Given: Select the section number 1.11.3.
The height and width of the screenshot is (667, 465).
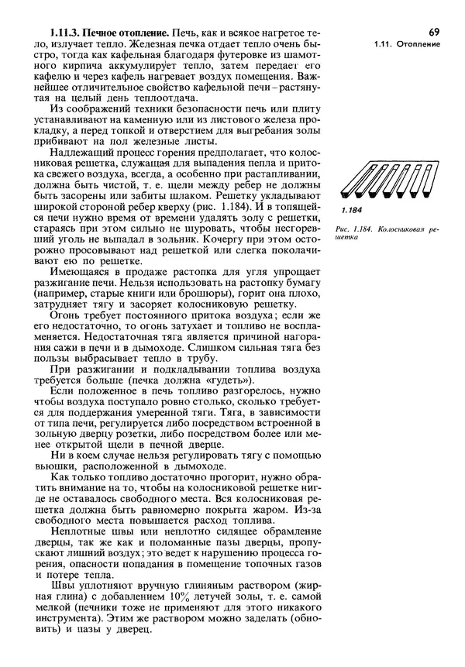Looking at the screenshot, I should point(66,34).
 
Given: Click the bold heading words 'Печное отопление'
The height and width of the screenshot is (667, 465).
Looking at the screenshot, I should point(127,34).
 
